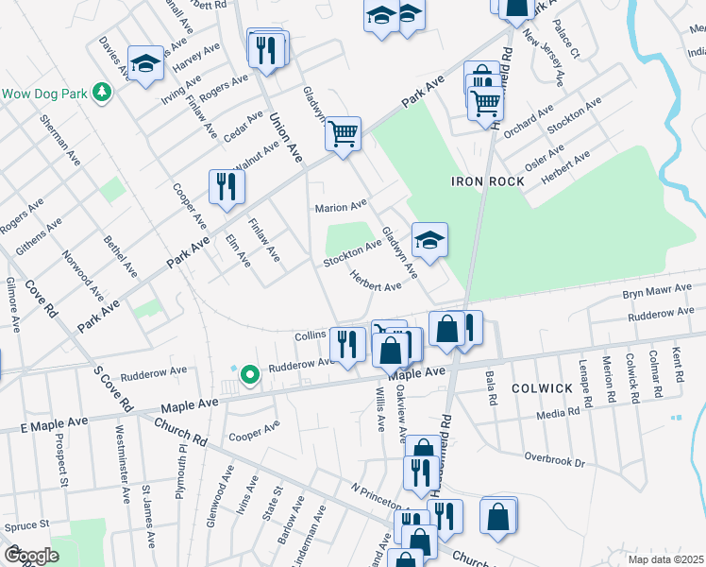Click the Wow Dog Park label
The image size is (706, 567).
pyautogui.click(x=43, y=94)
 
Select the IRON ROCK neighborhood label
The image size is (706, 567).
pyautogui.click(x=480, y=180)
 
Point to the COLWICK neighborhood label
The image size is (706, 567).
pyautogui.click(x=543, y=387)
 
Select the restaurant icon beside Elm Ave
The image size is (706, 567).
pyautogui.click(x=227, y=185)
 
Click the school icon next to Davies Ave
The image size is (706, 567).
pyautogui.click(x=145, y=62)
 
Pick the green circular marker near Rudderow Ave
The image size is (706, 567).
pyautogui.click(x=249, y=375)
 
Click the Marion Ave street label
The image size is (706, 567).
pyautogui.click(x=340, y=207)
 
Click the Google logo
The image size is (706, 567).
pyautogui.click(x=31, y=555)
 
